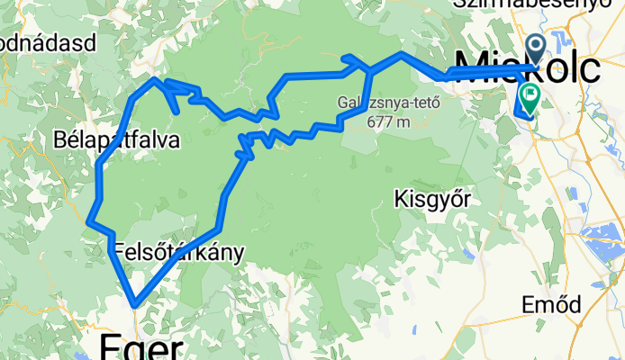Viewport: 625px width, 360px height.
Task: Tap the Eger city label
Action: click(x=142, y=346)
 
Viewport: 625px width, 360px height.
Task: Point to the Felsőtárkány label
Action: click(x=179, y=253)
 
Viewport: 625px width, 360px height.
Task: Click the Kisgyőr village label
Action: click(x=434, y=200)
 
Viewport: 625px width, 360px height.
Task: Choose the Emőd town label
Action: click(x=551, y=304)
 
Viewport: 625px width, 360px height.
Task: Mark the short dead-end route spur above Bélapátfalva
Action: click(x=172, y=103)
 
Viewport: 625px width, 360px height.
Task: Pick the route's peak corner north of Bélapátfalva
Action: click(x=156, y=80)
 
